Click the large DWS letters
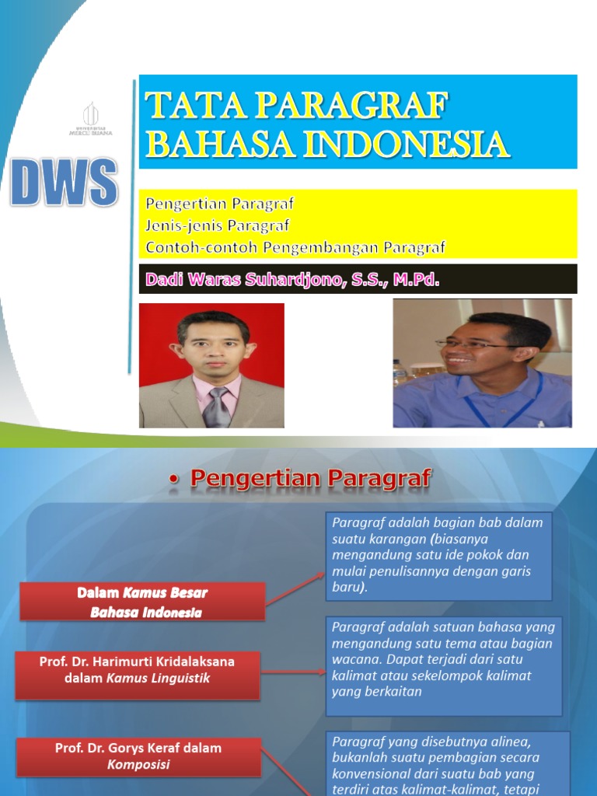pos(64,182)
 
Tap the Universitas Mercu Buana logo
pos(91,119)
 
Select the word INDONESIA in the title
pos(404,144)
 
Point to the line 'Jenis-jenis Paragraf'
pos(217,226)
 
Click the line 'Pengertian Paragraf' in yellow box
pos(220,204)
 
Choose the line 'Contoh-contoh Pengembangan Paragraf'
pos(295,248)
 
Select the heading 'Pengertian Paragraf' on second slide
pos(310,479)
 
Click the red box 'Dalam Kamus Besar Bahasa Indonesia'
pos(142,602)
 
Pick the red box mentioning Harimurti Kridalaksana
pos(137,669)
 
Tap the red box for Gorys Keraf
pos(138,756)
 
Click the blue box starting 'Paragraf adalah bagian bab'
pos(438,555)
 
